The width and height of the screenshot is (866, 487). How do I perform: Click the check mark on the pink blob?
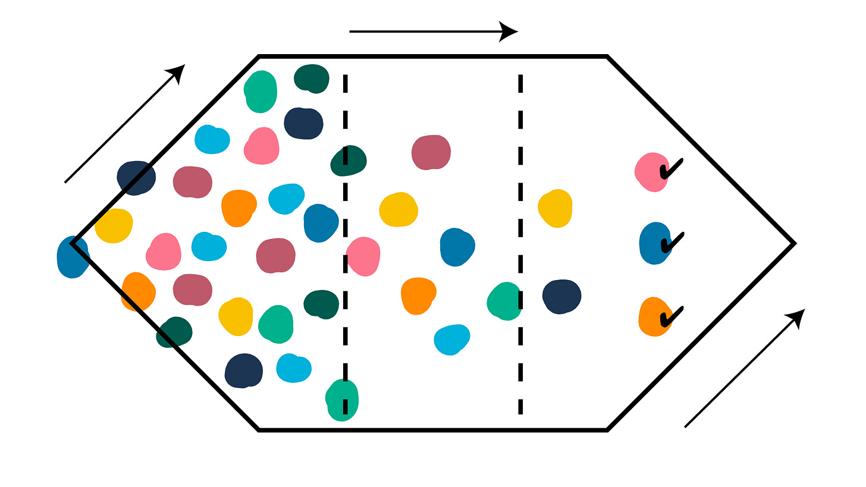point(670,170)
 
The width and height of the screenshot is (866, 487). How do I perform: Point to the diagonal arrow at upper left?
point(125,123)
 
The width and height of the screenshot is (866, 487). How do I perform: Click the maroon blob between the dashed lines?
point(431,152)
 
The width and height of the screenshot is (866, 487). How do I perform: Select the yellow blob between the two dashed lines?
point(399,210)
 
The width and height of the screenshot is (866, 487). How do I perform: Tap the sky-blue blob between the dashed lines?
point(451,340)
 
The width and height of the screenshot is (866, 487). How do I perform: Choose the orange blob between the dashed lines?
point(418,295)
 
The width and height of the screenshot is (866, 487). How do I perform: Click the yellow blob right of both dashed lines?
point(556,208)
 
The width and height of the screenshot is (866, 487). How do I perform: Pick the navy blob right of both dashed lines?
point(561,296)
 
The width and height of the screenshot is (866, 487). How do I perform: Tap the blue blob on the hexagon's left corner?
point(72,257)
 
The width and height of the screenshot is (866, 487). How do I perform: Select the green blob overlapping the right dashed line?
point(505,301)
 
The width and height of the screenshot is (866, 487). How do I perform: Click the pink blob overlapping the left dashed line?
point(363,256)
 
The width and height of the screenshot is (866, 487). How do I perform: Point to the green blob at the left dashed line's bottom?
point(343,399)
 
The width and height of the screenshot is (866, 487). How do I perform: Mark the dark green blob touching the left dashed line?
point(349,161)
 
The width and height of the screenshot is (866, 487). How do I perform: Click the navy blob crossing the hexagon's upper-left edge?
point(136,177)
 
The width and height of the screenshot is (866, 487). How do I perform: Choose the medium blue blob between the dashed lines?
point(457,246)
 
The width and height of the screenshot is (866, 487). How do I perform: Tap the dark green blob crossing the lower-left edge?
point(174,332)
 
